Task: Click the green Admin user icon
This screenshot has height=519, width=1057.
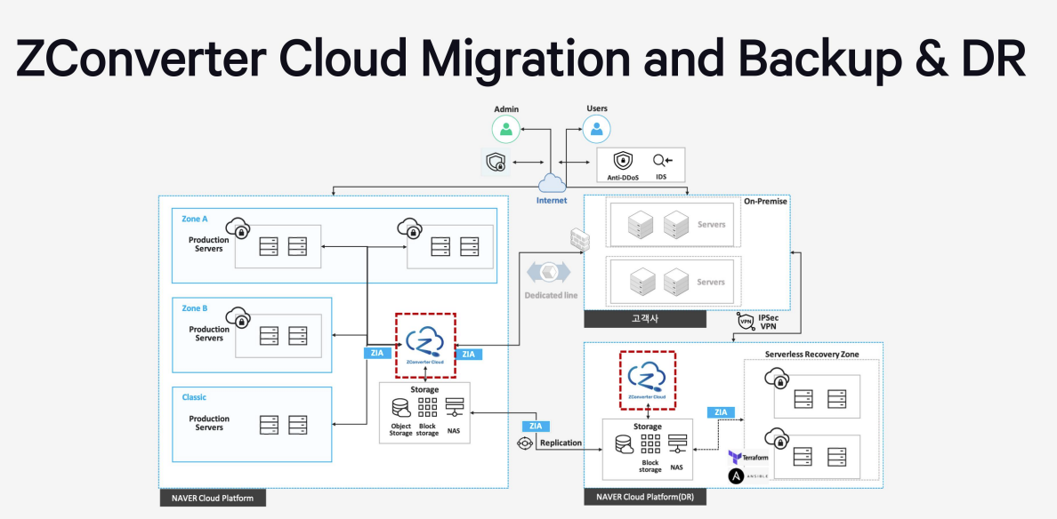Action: [506, 130]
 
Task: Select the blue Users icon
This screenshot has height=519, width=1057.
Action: [597, 130]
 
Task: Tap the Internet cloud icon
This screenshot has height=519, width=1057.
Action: [552, 183]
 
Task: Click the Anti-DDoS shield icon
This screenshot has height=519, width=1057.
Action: [623, 161]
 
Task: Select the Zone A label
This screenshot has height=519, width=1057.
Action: [195, 218]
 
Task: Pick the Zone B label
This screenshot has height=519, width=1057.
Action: [195, 308]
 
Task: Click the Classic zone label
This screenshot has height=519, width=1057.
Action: [194, 397]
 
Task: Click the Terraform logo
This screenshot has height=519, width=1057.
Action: [736, 457]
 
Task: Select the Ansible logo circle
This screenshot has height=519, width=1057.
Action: [736, 477]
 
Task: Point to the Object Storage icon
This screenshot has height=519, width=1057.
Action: [400, 408]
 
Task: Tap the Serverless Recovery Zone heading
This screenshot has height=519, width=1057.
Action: [811, 355]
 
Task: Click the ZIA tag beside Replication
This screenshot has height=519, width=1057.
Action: [534, 427]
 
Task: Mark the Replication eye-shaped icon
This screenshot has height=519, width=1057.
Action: [524, 443]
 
